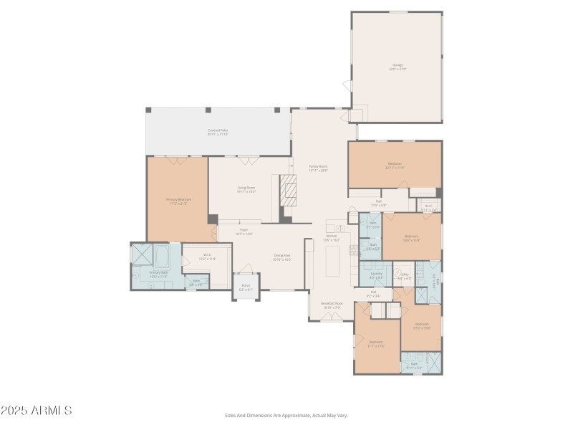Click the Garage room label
(397, 67)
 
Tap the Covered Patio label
(218, 132)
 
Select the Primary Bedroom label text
(179, 202)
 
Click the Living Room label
(246, 190)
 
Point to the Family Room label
(318, 168)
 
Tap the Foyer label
(244, 231)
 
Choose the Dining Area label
(281, 257)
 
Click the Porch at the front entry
(246, 287)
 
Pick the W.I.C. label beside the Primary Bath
(206, 256)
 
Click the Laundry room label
(376, 275)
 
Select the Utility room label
(404, 275)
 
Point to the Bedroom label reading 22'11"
(395, 166)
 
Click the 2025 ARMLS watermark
(36, 411)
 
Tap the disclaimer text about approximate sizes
(286, 416)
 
